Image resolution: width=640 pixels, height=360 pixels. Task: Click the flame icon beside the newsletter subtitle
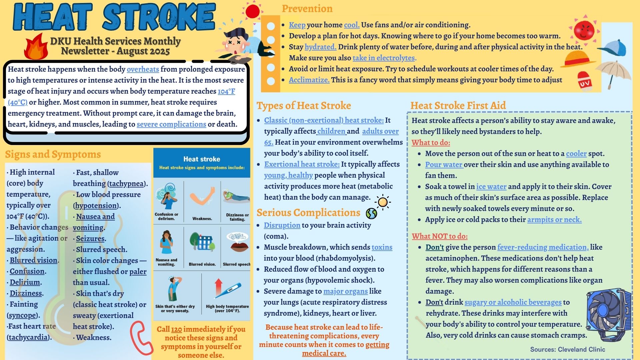pyautogui.click(x=36, y=47)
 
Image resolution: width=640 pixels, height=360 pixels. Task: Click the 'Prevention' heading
pyautogui.click(x=307, y=9)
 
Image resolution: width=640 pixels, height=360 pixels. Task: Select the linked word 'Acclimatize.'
pyautogui.click(x=309, y=80)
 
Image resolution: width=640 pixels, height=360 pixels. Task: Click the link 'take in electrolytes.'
pyautogui.click(x=384, y=58)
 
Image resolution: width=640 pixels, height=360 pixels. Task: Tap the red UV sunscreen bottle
pyautogui.click(x=585, y=81)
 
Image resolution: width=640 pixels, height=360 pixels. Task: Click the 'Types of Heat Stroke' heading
pyautogui.click(x=304, y=106)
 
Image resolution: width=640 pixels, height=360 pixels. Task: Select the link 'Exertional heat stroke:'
pyautogui.click(x=302, y=164)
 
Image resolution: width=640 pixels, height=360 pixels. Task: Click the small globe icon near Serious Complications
pyautogui.click(x=371, y=213)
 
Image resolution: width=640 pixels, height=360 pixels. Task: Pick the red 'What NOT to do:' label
pyautogui.click(x=439, y=236)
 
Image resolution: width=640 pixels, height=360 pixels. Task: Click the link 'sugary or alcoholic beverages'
pyautogui.click(x=513, y=302)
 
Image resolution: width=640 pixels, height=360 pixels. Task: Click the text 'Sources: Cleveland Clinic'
pyautogui.click(x=567, y=349)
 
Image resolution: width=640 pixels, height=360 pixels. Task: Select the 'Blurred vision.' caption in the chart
pyautogui.click(x=202, y=264)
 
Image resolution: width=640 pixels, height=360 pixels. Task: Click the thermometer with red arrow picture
pyautogui.click(x=227, y=289)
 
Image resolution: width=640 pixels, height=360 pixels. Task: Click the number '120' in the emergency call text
pyautogui.click(x=176, y=329)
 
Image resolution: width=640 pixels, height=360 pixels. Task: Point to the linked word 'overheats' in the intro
pyautogui.click(x=143, y=69)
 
